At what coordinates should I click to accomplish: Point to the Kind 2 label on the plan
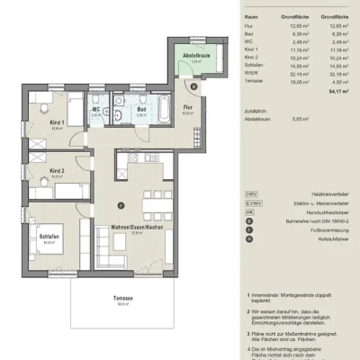57,172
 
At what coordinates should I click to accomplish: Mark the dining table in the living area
158,198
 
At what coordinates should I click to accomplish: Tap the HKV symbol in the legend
251,193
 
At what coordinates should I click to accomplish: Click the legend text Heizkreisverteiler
302,193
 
